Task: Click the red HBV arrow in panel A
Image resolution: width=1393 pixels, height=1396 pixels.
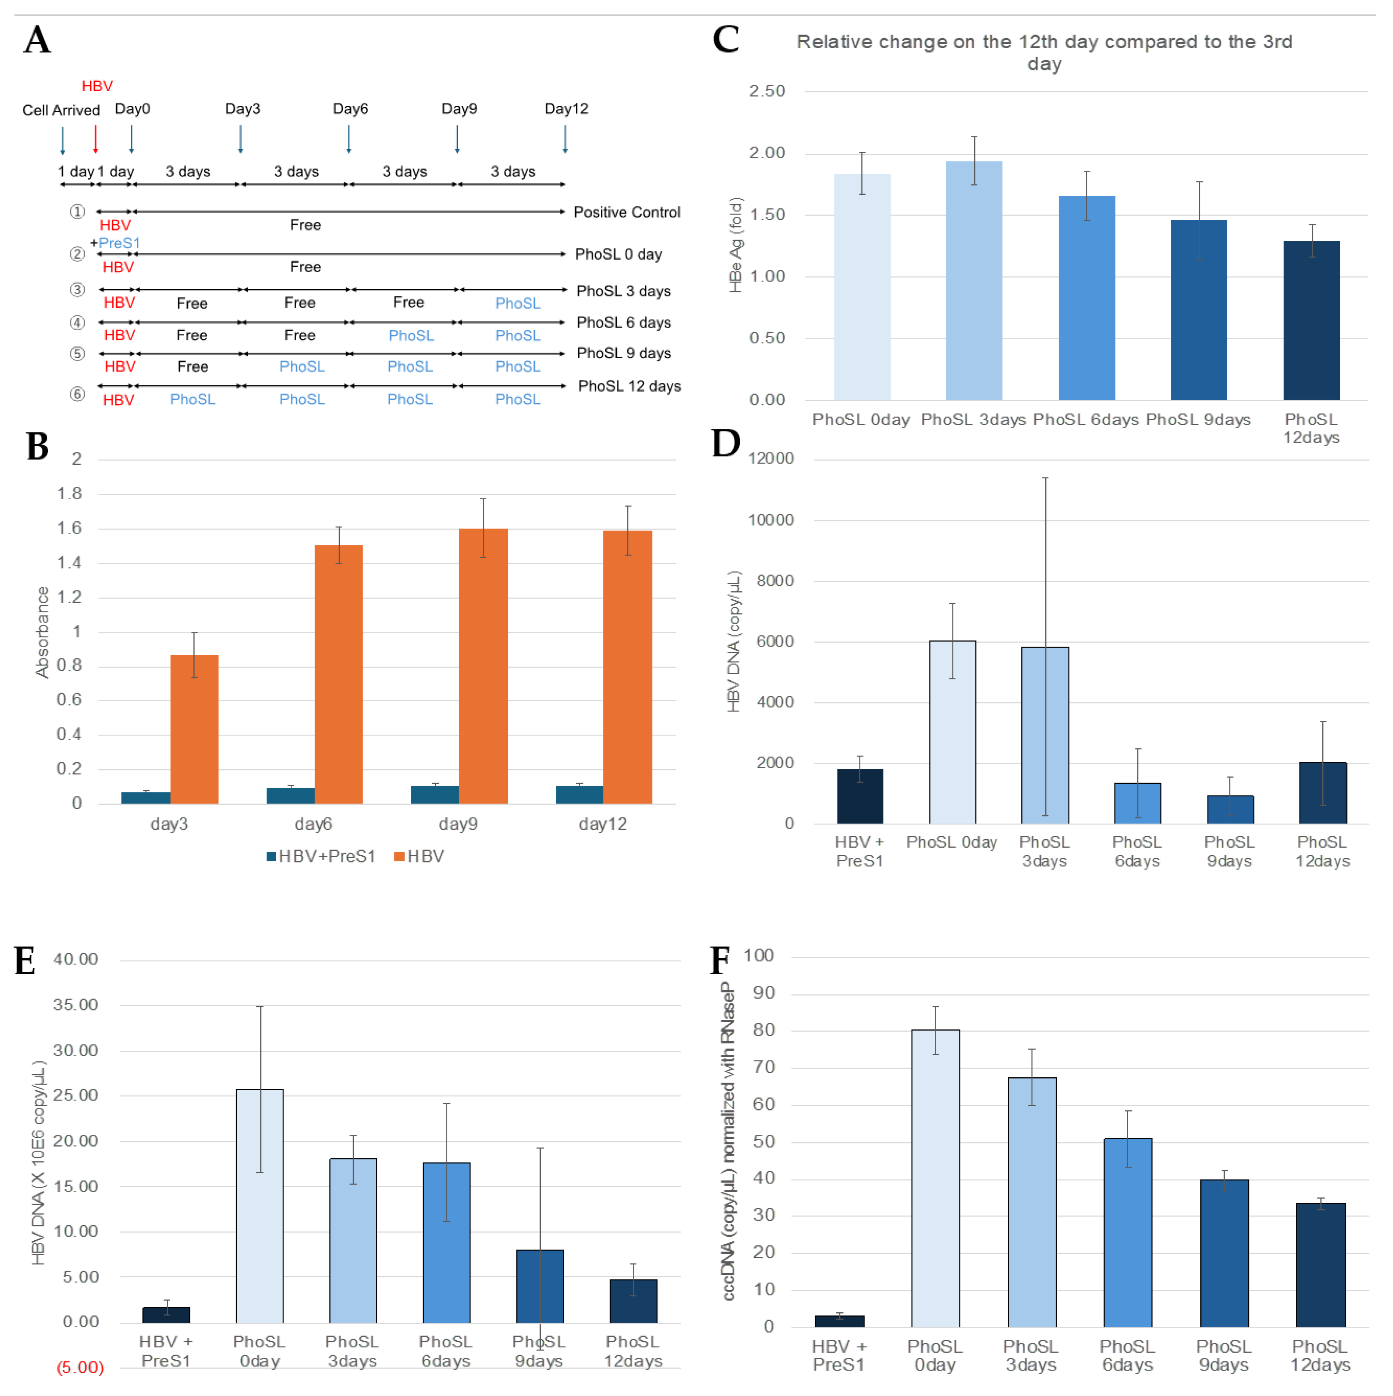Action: (x=95, y=139)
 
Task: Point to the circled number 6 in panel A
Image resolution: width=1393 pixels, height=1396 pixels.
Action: (x=77, y=394)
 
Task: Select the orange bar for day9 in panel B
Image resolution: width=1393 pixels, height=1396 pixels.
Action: (x=483, y=665)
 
